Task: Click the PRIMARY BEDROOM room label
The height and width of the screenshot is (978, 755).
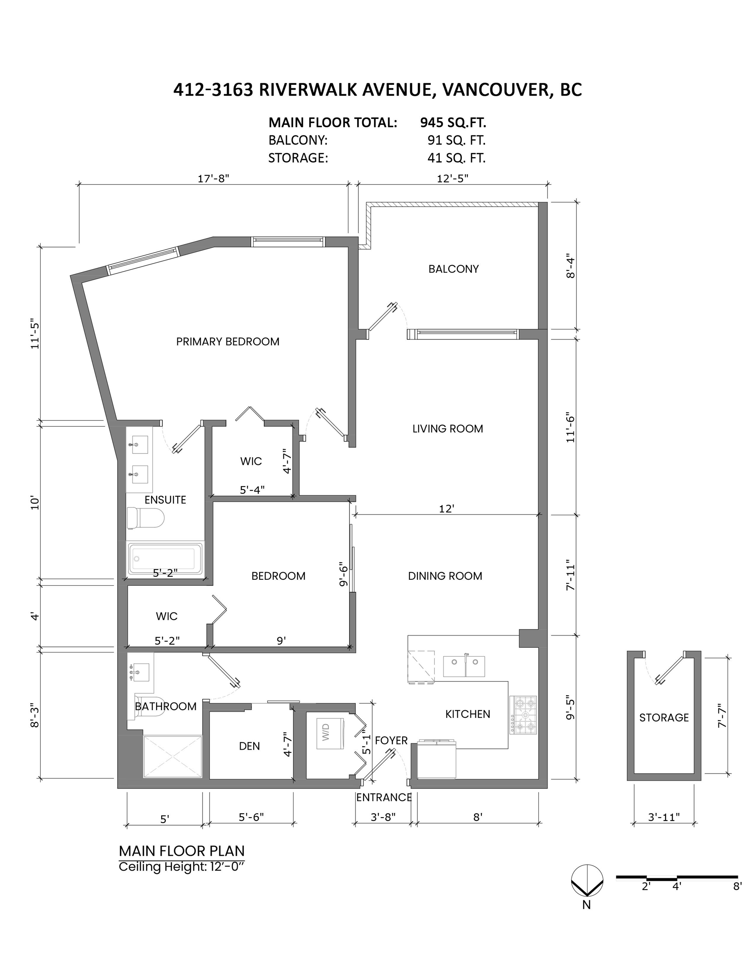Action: click(x=227, y=342)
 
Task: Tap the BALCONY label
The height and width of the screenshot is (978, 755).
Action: click(x=453, y=269)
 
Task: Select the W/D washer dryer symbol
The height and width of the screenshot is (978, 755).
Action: click(x=330, y=733)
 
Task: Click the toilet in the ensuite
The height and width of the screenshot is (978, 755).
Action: click(x=145, y=519)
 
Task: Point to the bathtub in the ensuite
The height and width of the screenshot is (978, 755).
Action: click(x=165, y=559)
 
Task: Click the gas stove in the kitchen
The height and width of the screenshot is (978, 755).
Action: click(x=523, y=715)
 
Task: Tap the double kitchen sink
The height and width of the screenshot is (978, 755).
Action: click(x=464, y=667)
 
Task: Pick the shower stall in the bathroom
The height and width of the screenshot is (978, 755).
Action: click(x=172, y=756)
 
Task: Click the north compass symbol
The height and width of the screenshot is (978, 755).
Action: click(x=587, y=881)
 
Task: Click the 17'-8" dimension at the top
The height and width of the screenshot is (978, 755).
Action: click(x=213, y=178)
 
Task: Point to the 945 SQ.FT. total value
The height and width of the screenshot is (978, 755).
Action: click(x=453, y=122)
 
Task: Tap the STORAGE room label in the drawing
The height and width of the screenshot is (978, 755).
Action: click(x=664, y=718)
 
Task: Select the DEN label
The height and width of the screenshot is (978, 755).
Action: click(x=249, y=746)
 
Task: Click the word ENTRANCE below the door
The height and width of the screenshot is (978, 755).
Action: click(x=383, y=798)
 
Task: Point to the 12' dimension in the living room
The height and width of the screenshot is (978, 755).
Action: click(x=447, y=509)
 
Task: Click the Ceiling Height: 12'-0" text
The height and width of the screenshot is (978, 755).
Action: click(x=182, y=867)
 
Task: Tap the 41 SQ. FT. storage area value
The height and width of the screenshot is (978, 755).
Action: click(x=456, y=158)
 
